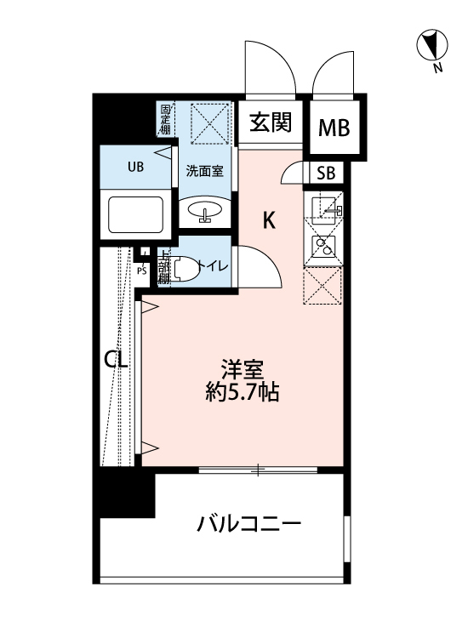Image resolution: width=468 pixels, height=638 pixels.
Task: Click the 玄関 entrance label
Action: [271, 123]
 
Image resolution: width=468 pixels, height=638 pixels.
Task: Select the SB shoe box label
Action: [326, 174]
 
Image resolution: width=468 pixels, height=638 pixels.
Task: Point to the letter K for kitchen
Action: [269, 220]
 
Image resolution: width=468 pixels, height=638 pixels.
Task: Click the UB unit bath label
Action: [136, 167]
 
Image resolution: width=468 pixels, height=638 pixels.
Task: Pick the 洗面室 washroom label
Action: [205, 170]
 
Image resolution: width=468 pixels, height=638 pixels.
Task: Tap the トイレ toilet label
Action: [213, 266]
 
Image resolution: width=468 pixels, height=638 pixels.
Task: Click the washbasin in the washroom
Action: [204, 210]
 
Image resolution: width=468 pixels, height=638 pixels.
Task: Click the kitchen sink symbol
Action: [323, 207]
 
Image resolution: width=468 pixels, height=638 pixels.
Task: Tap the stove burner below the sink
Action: [323, 247]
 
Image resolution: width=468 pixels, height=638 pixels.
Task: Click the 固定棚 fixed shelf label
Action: [164, 119]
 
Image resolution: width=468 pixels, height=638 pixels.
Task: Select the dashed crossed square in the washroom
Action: [209, 124]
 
